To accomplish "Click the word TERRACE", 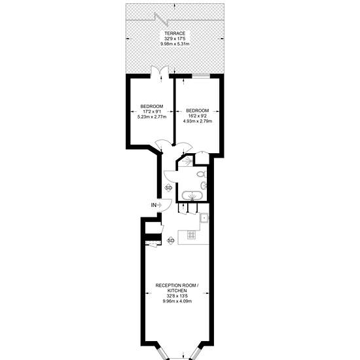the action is (175, 33).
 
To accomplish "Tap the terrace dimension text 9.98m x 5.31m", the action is (175, 44).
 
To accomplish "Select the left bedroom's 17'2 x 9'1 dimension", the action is (152, 111).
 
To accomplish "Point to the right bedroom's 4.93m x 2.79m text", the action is (198, 121).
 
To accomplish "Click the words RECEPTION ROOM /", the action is (177, 285).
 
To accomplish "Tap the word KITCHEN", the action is (177, 291).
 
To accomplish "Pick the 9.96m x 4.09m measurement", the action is (177, 301).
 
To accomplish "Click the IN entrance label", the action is (154, 205).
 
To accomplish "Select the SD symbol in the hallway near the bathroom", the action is (168, 188).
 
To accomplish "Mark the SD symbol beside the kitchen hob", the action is (171, 241).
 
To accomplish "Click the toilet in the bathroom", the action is (202, 175).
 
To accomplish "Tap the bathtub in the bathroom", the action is (192, 196).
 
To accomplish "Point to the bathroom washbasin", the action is (204, 185).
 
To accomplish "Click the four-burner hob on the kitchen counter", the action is (191, 235).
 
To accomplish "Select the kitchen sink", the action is (204, 217).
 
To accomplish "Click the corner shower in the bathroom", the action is (186, 161).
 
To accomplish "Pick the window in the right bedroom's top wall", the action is (201, 76).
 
